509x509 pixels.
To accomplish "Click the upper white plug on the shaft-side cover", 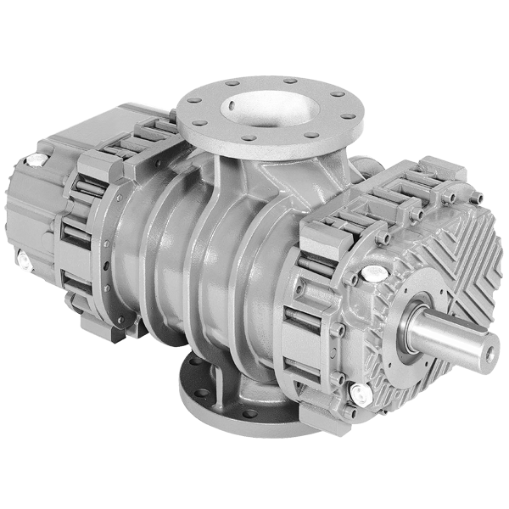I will pos(371,273).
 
